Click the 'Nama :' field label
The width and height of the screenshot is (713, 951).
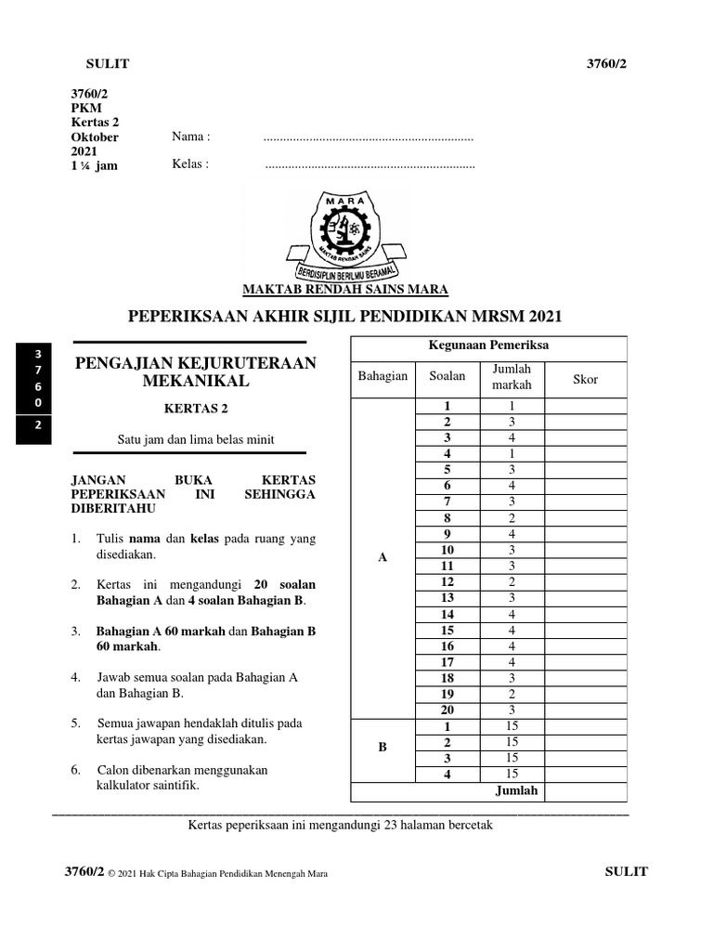coord(191,137)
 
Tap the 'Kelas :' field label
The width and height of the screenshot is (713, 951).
coord(190,164)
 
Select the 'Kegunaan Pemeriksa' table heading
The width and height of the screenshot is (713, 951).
coord(488,345)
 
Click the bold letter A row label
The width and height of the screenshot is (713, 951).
coord(382,557)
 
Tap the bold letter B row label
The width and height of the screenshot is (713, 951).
coord(382,746)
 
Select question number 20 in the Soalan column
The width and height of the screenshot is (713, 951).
coord(447,710)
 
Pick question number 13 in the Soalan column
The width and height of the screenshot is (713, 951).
coord(447,598)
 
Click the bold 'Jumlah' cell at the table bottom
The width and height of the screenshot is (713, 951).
coord(515,791)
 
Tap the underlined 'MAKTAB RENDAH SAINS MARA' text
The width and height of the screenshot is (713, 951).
coord(345,288)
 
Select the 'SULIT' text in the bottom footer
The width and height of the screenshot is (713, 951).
coord(626,871)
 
